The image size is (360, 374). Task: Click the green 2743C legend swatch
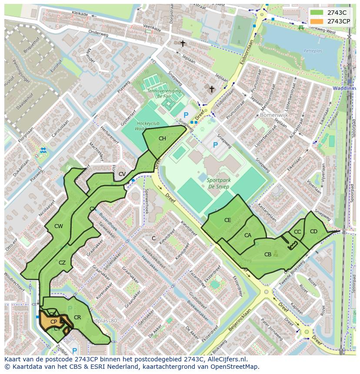click(317, 13)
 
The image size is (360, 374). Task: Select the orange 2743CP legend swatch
click(317, 21)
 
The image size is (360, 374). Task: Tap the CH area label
click(162, 139)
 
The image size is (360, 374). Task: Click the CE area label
click(227, 220)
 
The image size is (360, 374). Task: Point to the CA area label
click(247, 235)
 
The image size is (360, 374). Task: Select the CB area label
click(268, 255)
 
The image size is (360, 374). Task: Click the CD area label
click(313, 231)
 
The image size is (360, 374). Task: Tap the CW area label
click(59, 226)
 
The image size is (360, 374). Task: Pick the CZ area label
click(62, 262)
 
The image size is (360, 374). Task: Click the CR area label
click(77, 318)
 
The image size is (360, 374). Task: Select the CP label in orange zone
click(54, 322)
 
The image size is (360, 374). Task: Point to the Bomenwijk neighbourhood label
click(274, 116)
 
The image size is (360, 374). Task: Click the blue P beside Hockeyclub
click(186, 115)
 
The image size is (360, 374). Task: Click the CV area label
click(122, 174)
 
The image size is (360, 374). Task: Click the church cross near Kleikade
click(183, 43)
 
